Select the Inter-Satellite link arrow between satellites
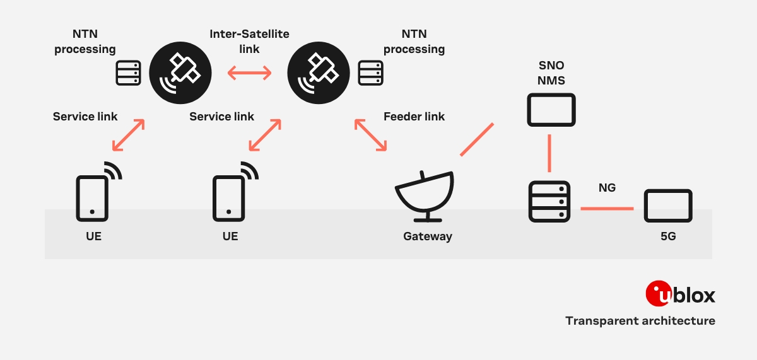pos(249,74)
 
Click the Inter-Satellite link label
pos(249,41)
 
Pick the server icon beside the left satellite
pos(129,73)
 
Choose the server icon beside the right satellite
pos(370,73)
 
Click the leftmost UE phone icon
pos(93,197)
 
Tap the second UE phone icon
pos(229,197)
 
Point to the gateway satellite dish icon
pos(425,196)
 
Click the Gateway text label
pos(428,237)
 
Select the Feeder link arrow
pos(371,135)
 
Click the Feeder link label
pos(414,117)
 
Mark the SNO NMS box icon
pos(551,110)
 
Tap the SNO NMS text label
pos(551,73)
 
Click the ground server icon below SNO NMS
pos(549,202)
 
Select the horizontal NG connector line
pos(606,208)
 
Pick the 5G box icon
pos(668,206)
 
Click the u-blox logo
pos(680,294)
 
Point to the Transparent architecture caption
pos(640,321)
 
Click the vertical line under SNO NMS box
pos(549,153)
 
